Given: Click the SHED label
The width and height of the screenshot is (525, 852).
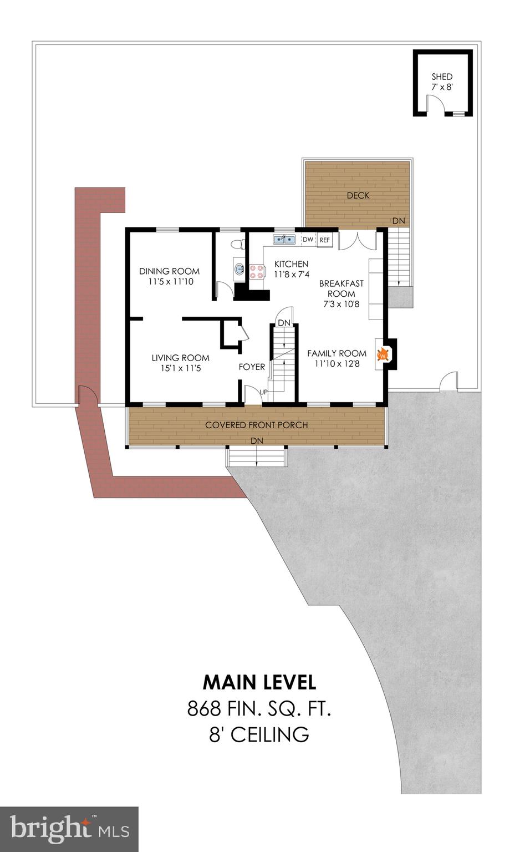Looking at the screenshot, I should (x=442, y=77).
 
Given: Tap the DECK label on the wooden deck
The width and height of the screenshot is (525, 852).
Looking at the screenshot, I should (x=358, y=195).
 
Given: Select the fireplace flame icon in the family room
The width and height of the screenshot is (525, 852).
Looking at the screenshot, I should (x=382, y=354).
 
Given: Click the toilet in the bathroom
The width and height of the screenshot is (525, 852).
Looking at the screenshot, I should (x=238, y=244).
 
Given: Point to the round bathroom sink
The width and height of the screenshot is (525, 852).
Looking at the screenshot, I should (x=239, y=270).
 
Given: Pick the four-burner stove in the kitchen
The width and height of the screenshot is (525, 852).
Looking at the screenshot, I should (x=257, y=271).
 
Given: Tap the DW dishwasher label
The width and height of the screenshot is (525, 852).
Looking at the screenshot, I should (x=308, y=240).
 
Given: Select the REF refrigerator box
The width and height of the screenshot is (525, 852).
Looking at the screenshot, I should (x=324, y=240).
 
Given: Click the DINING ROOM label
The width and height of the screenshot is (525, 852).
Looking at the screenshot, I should (x=169, y=271).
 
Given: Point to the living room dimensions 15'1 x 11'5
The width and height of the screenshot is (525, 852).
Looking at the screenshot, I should (x=180, y=368).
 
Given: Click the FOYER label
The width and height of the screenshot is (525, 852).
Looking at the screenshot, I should (x=252, y=367).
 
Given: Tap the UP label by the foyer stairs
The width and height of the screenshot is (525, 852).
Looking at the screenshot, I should (x=264, y=392).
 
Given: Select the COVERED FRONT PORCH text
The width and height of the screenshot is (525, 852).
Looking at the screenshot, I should (x=256, y=425).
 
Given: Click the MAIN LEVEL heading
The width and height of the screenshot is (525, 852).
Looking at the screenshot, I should (x=259, y=682).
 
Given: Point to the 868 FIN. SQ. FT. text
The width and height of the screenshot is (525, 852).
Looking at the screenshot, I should (x=259, y=708).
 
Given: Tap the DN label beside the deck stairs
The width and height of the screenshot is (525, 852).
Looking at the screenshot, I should (x=399, y=221).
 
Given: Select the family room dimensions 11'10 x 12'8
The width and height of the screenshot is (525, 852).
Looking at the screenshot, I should (x=337, y=364).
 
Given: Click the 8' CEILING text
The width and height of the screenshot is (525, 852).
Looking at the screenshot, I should (x=259, y=735).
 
